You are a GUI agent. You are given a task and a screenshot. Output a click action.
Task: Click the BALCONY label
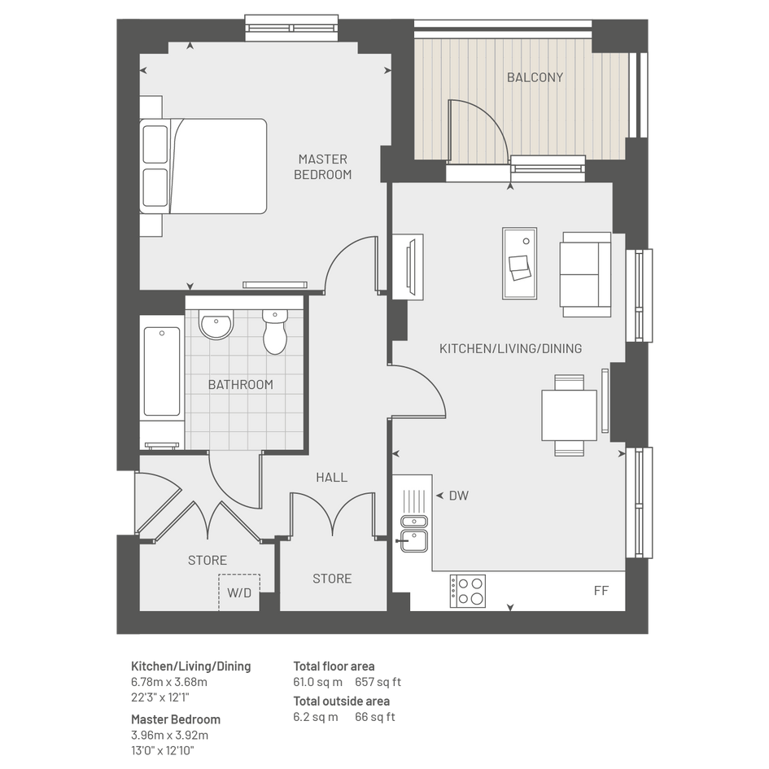(535, 77)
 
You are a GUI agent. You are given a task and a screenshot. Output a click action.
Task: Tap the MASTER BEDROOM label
(323, 167)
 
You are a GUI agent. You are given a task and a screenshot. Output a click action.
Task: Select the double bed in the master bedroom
(203, 166)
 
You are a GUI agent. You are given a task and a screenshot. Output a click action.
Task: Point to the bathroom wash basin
(216, 324)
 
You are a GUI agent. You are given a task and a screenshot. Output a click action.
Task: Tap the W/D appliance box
(239, 592)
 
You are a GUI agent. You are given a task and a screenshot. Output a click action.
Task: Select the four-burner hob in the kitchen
(468, 591)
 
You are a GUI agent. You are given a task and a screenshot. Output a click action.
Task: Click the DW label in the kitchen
(459, 496)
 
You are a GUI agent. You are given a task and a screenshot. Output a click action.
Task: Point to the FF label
(601, 591)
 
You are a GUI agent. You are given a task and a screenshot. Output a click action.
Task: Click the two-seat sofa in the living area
(586, 275)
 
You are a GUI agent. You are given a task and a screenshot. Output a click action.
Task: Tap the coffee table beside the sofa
(520, 264)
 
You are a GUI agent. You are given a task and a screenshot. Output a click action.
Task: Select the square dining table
(570, 415)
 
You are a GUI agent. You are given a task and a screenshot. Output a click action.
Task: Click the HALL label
(331, 477)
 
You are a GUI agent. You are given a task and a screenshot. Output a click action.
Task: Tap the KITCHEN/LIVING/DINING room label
(510, 349)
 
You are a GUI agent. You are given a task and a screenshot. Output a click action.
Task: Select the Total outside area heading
(341, 701)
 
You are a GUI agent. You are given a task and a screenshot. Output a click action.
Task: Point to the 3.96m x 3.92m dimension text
(170, 735)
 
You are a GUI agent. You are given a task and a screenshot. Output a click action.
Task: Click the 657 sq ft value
(378, 682)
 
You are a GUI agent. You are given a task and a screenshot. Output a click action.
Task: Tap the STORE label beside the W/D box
(208, 560)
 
